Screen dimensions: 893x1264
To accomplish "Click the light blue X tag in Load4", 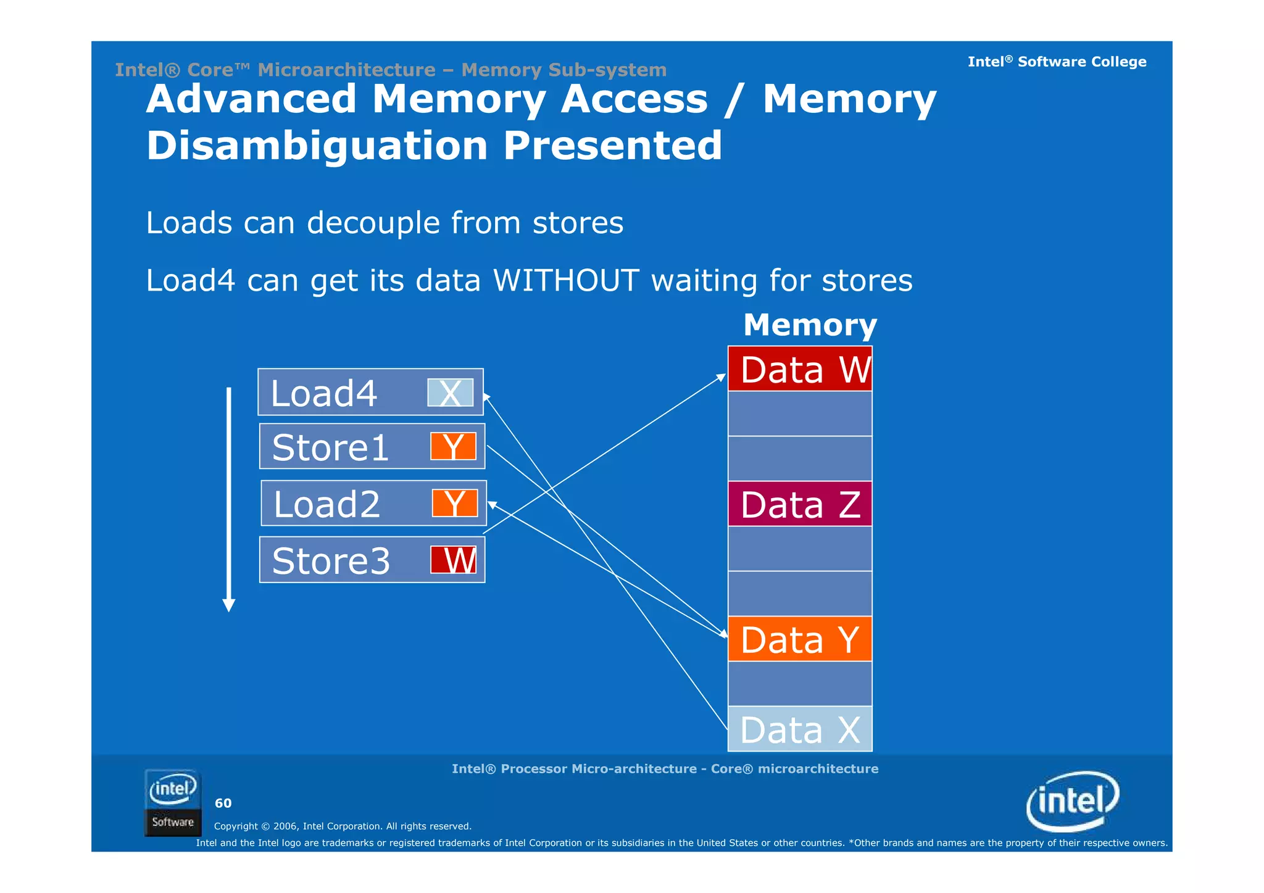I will (x=451, y=393).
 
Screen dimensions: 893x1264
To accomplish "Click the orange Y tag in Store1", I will (x=454, y=446).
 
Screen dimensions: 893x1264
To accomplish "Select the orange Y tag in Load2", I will (x=455, y=503).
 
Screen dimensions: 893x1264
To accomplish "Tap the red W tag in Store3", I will (x=454, y=560).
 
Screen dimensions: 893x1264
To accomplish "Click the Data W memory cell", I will (x=800, y=369).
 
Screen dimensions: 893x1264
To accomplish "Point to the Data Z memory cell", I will (x=800, y=504).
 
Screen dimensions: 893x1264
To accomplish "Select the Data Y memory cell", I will (x=800, y=639).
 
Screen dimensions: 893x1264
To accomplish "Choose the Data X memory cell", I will (x=800, y=729).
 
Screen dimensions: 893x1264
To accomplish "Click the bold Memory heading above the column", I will (x=810, y=325).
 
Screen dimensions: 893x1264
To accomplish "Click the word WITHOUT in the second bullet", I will (x=566, y=280).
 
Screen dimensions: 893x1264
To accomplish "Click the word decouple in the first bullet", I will (x=373, y=223).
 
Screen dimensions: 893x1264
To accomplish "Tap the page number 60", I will (x=223, y=803).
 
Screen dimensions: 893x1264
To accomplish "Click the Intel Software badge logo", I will (x=173, y=803).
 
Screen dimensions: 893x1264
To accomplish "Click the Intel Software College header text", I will (x=1057, y=62).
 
